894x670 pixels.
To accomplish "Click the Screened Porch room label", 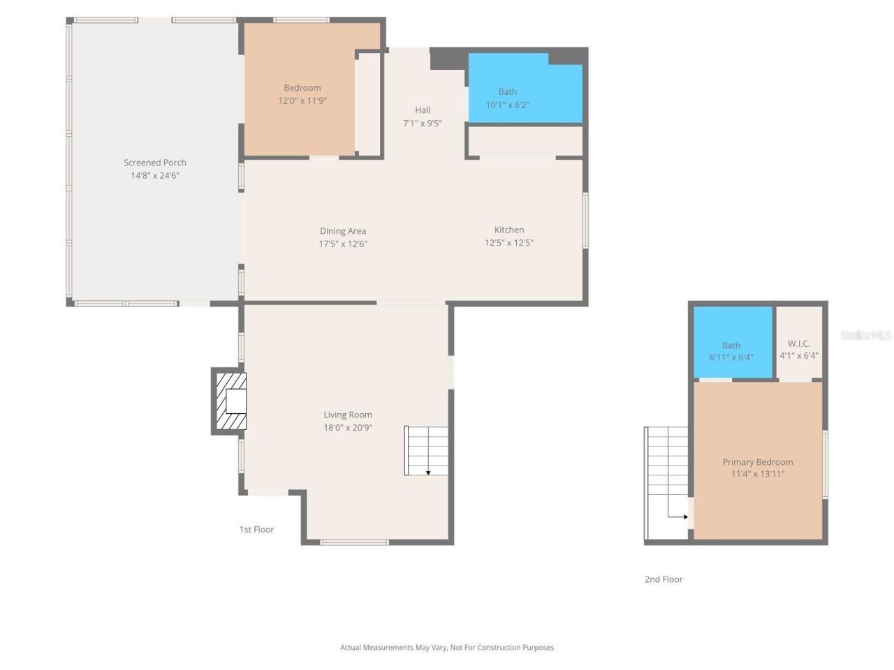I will pos(155,163).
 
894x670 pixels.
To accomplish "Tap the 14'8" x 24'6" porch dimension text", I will pos(155,176).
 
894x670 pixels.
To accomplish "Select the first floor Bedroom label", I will pos(302,88).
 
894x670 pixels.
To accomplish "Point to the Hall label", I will pos(423,110).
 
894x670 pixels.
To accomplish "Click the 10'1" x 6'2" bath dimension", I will pos(508,105).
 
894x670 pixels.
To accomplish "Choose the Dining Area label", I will pos(343,231).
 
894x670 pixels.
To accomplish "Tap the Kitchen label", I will pos(509,230).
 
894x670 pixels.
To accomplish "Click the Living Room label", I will pos(348,415).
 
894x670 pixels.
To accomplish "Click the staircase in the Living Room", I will pos(426,450).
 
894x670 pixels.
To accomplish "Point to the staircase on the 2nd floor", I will pos(667,482).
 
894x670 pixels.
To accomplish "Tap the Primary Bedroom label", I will pos(758,462).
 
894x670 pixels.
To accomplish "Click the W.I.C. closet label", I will pos(799,343).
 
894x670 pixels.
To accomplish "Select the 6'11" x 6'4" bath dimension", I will pos(731,357).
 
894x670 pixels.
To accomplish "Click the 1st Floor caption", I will pos(256,530).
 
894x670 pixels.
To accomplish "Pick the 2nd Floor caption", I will pos(664,579).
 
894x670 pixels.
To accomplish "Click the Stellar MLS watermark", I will pos(866,335).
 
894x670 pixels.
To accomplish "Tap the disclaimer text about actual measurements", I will pos(447,648).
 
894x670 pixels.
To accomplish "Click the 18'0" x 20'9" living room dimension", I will pos(348,428).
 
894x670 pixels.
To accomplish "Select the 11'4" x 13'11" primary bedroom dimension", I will pos(758,475).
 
